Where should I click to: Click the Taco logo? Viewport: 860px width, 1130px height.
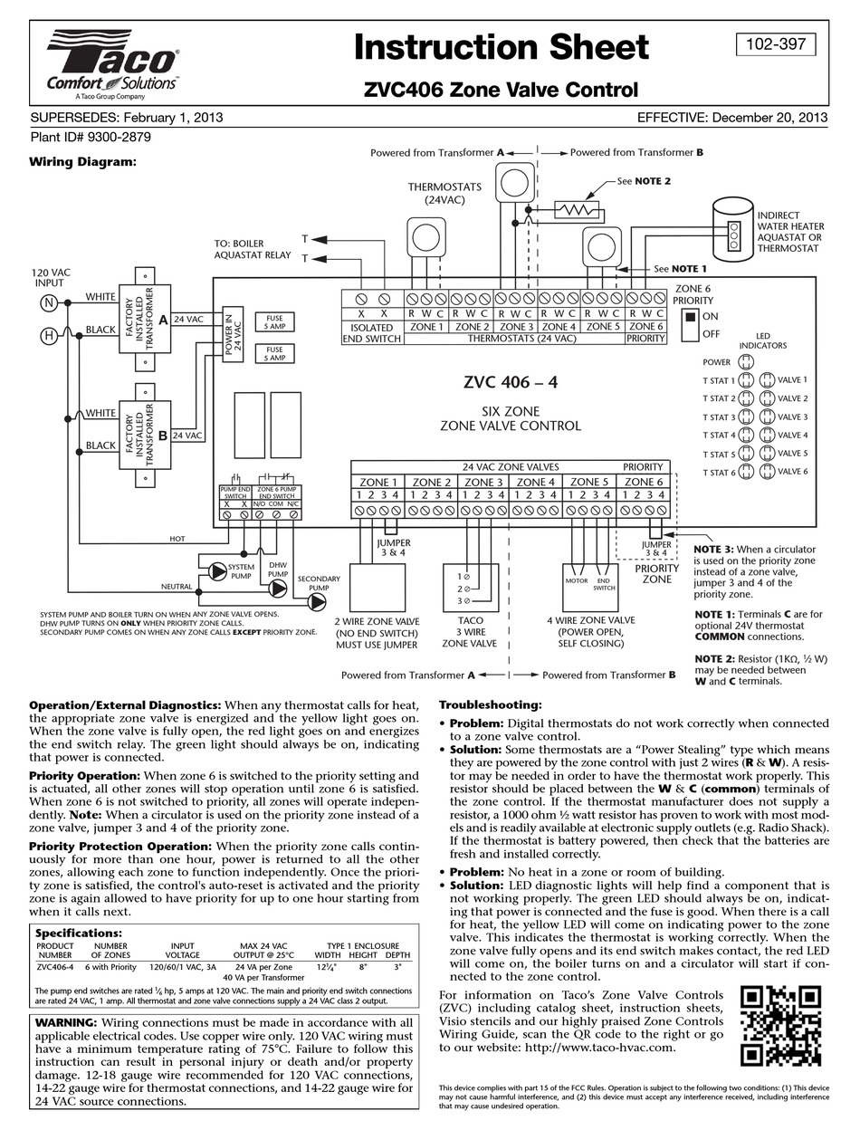tap(113, 65)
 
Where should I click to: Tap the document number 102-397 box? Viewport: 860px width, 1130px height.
tap(776, 44)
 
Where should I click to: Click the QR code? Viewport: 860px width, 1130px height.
tap(780, 1026)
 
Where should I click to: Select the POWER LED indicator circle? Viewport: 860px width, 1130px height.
tap(746, 361)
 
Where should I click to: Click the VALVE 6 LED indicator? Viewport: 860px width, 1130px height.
tap(767, 471)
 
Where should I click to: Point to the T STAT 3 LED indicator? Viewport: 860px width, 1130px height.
tap(746, 417)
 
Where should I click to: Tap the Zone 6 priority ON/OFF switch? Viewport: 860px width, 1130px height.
tap(690, 325)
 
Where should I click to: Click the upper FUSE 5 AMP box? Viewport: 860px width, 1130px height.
tap(275, 322)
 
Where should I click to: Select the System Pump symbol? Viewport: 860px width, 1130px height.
tap(217, 570)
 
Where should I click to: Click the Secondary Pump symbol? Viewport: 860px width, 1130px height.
tap(317, 601)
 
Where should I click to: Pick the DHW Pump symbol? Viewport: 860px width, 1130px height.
tap(278, 588)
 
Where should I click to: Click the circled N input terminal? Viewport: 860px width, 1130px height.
tap(49, 302)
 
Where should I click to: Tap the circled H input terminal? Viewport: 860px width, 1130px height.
tap(49, 336)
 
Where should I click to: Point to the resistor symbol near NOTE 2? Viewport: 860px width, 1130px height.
tap(577, 209)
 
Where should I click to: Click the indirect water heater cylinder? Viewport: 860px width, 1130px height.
tap(733, 230)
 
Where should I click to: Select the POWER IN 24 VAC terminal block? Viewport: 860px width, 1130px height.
tap(233, 334)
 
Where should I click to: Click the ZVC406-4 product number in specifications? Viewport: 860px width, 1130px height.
tap(55, 967)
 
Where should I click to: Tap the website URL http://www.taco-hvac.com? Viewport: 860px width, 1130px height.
tap(599, 1047)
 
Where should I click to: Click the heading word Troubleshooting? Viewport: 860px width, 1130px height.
tap(490, 704)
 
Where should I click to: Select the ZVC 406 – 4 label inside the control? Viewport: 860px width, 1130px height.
tap(510, 382)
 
